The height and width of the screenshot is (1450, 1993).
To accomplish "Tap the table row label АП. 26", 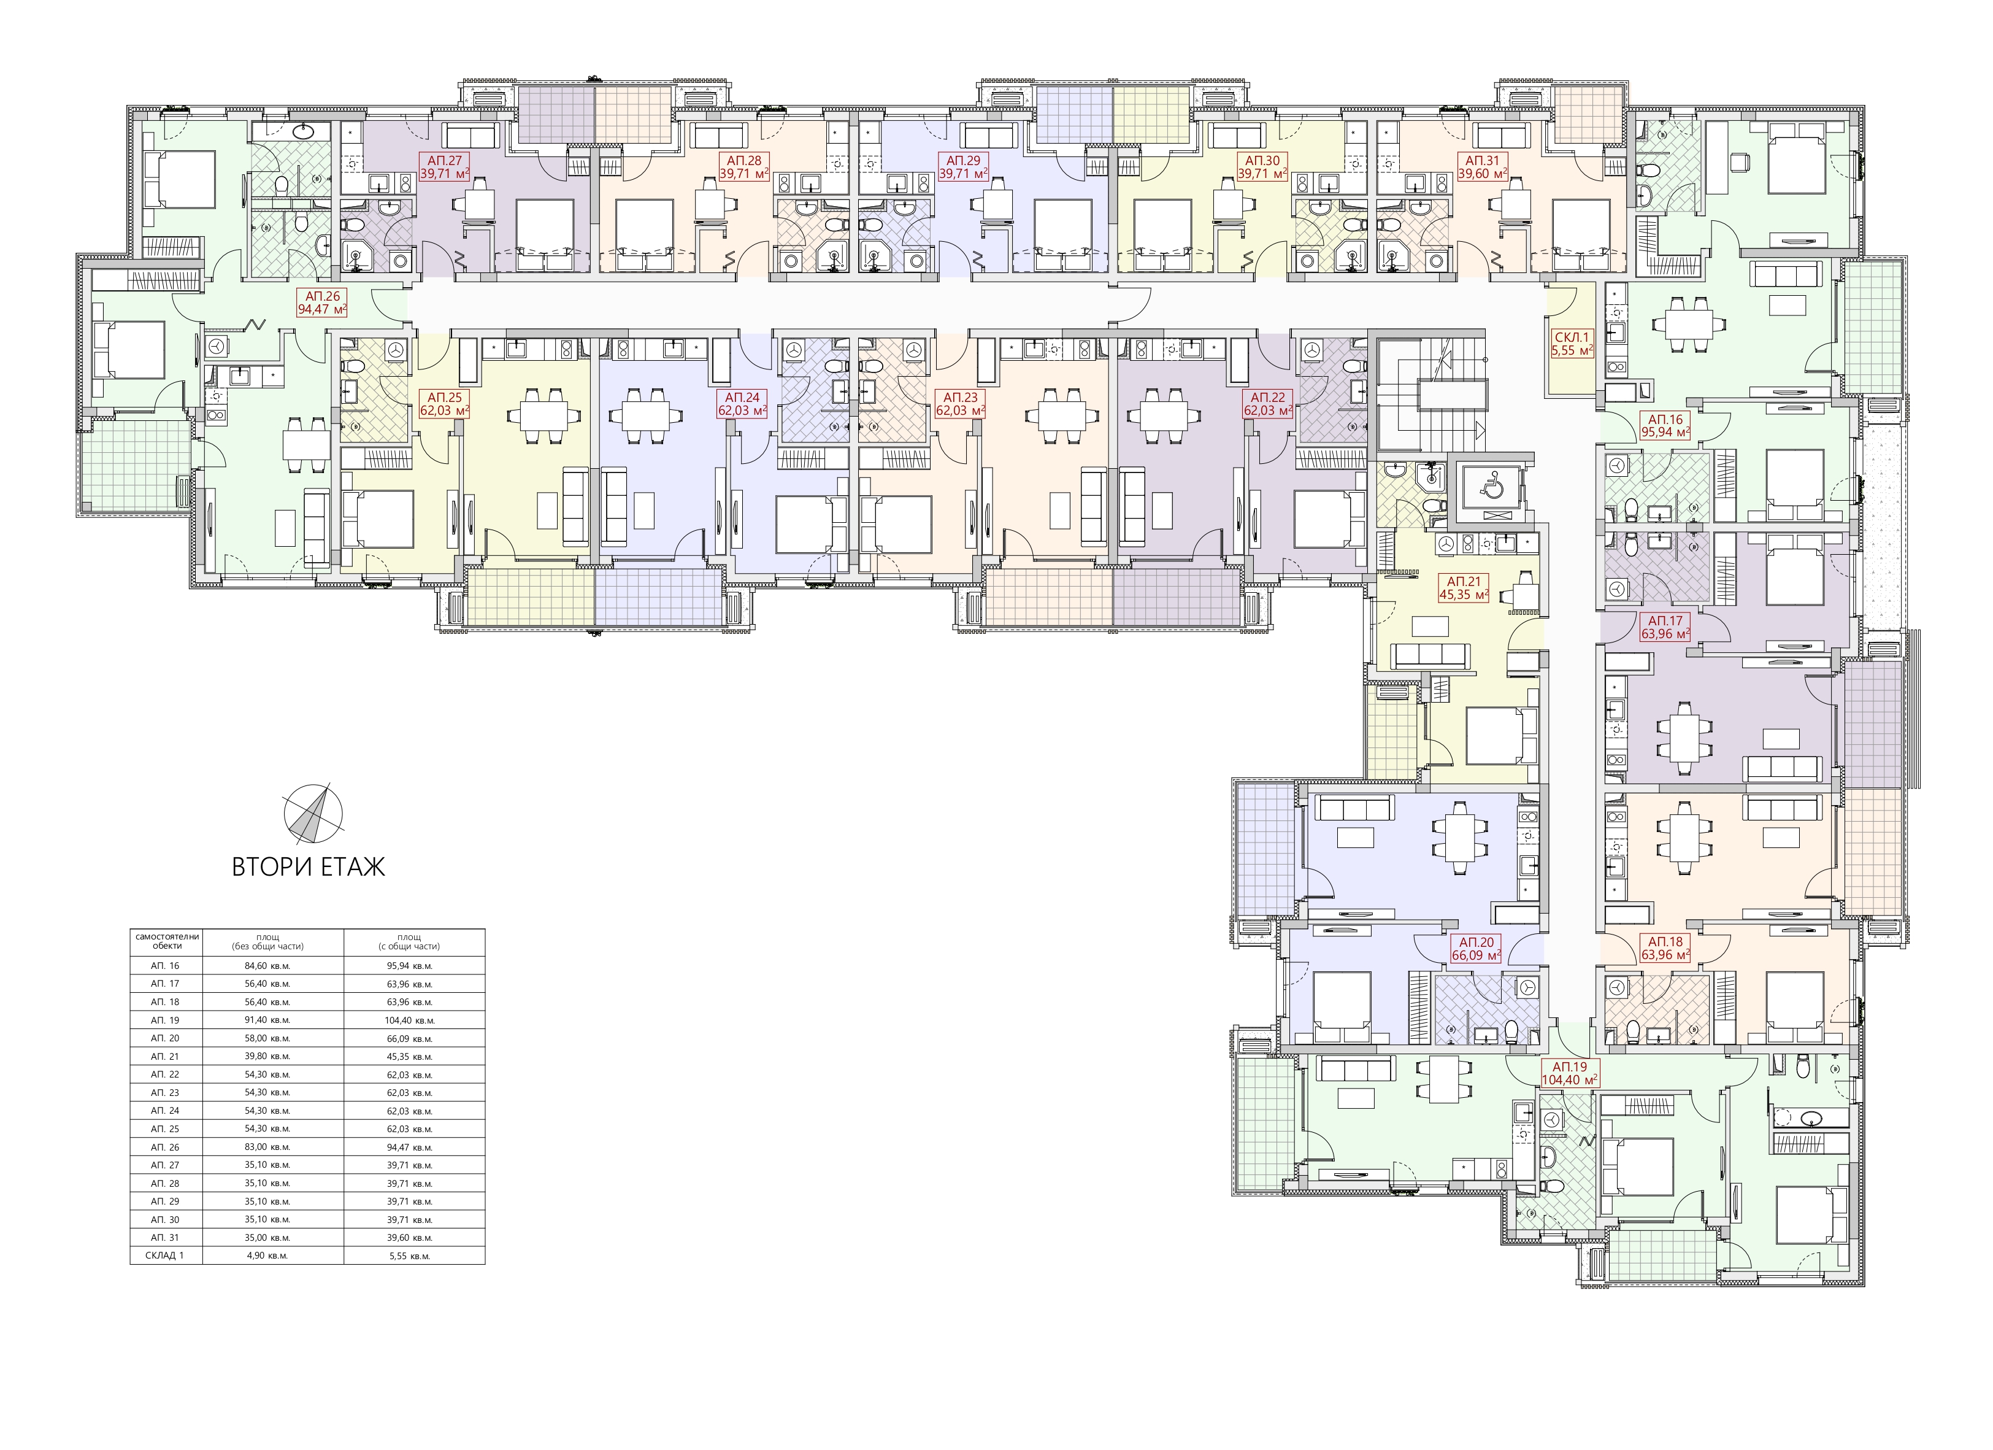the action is (164, 1147).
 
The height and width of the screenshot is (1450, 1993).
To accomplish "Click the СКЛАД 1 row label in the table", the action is (164, 1256).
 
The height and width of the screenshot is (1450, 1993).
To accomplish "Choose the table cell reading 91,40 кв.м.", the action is (272, 1020).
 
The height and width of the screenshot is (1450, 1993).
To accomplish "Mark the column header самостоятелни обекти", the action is (167, 941).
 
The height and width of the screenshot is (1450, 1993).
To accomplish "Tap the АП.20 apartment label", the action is (1475, 949).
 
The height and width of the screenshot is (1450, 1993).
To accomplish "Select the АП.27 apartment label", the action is (445, 167).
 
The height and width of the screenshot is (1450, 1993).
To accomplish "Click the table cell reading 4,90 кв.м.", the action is (272, 1256).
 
